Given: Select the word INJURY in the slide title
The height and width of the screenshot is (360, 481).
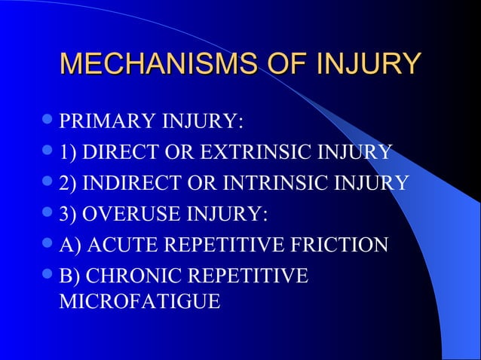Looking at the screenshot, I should pyautogui.click(x=368, y=65).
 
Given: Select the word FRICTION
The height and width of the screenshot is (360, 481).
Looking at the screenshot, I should pyautogui.click(x=339, y=245).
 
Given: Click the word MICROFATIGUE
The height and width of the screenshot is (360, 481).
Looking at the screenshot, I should pyautogui.click(x=139, y=302).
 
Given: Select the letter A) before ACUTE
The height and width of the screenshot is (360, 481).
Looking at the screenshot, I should pyautogui.click(x=70, y=245).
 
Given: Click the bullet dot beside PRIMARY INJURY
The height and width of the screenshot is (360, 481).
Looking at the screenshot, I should pyautogui.click(x=48, y=121).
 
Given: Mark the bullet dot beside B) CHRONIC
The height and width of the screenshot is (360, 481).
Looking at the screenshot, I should pyautogui.click(x=48, y=275).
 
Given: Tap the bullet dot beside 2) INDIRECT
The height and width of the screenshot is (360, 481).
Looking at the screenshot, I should pyautogui.click(x=48, y=182).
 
